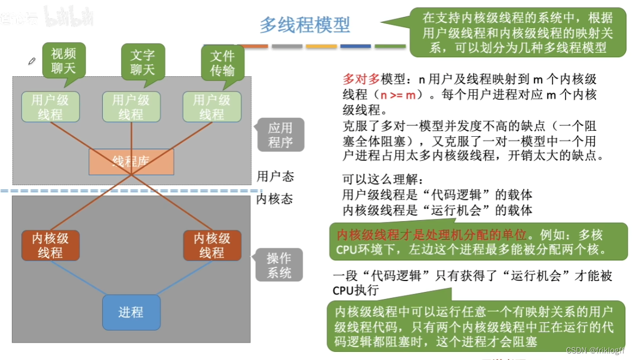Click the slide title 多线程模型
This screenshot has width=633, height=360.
[305, 25]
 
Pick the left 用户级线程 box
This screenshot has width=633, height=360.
[51, 107]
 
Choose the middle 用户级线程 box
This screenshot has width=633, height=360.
[131, 107]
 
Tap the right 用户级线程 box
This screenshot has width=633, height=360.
[212, 107]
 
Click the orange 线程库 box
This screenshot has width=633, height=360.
[131, 161]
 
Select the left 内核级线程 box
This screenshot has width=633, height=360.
[51, 246]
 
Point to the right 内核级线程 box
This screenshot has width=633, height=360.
[212, 246]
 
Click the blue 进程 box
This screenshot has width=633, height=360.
[131, 312]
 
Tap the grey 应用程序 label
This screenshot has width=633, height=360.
[281, 135]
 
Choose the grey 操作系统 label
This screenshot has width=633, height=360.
[280, 265]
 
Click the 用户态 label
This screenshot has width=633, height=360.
[275, 176]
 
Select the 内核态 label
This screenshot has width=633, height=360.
[274, 199]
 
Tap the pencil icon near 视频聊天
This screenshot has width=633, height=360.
[32, 61]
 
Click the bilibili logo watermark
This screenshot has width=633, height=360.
[69, 16]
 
